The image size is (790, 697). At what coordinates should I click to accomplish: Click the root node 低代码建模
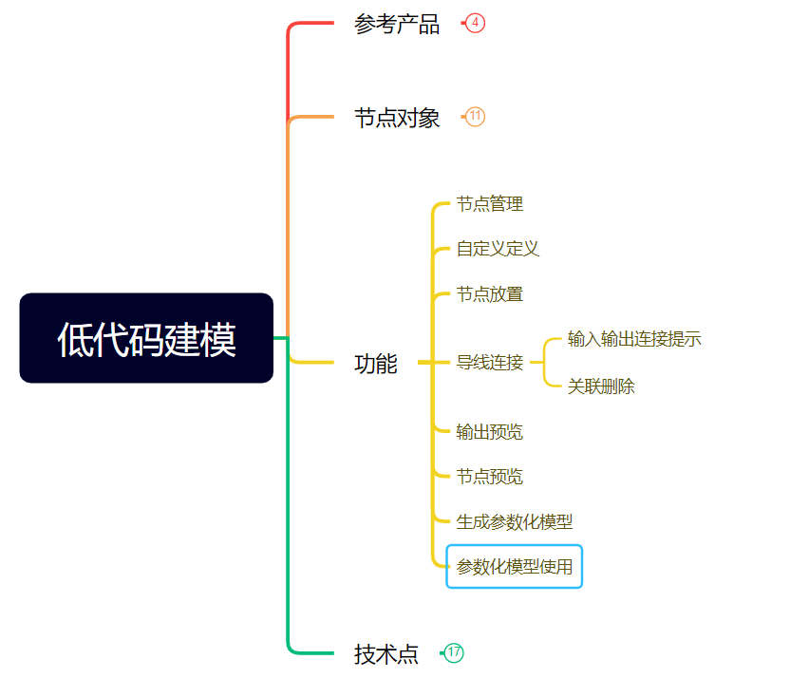click(146, 338)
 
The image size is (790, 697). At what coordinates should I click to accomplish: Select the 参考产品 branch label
click(397, 25)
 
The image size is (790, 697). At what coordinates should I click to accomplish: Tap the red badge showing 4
click(476, 23)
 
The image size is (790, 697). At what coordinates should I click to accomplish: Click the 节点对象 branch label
click(397, 118)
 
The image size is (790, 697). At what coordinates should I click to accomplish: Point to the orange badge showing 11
click(476, 117)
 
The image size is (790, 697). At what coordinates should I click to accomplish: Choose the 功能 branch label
click(376, 363)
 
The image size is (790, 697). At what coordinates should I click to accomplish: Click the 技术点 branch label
click(386, 653)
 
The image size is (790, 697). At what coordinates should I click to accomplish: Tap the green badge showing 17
click(454, 652)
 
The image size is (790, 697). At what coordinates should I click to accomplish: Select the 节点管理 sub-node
click(489, 204)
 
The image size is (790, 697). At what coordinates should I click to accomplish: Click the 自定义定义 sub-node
click(498, 249)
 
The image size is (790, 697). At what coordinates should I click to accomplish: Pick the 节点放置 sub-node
click(489, 294)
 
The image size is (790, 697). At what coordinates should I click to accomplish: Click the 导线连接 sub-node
click(489, 362)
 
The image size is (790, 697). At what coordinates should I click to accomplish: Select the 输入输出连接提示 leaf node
click(634, 339)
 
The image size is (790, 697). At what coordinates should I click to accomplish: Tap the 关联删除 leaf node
click(601, 386)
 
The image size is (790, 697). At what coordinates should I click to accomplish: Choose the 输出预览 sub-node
click(489, 432)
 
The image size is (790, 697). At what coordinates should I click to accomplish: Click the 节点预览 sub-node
click(489, 477)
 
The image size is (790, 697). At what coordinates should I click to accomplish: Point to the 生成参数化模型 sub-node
click(515, 522)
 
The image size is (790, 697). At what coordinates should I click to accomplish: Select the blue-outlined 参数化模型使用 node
click(515, 567)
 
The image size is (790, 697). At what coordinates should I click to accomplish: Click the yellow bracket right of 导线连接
click(546, 362)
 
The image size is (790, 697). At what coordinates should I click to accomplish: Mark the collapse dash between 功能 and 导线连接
click(425, 362)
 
